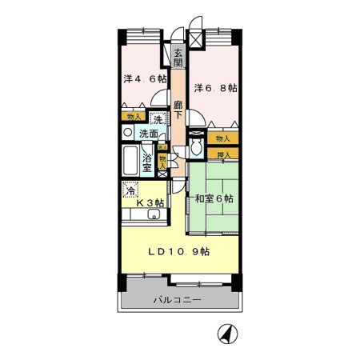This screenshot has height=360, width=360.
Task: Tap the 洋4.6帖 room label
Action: tap(145, 79)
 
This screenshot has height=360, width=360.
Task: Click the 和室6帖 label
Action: tap(214, 198)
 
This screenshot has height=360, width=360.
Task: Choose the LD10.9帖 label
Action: tap(179, 251)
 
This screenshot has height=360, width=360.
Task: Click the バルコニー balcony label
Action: tap(178, 300)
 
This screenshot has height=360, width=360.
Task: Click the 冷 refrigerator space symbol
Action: tap(130, 191)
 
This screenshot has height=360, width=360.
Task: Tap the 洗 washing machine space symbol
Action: tap(158, 119)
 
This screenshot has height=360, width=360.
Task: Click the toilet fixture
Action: tap(196, 148)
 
